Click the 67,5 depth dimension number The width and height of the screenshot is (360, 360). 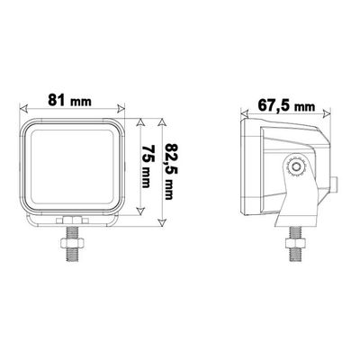pyautogui.click(x=274, y=103)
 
